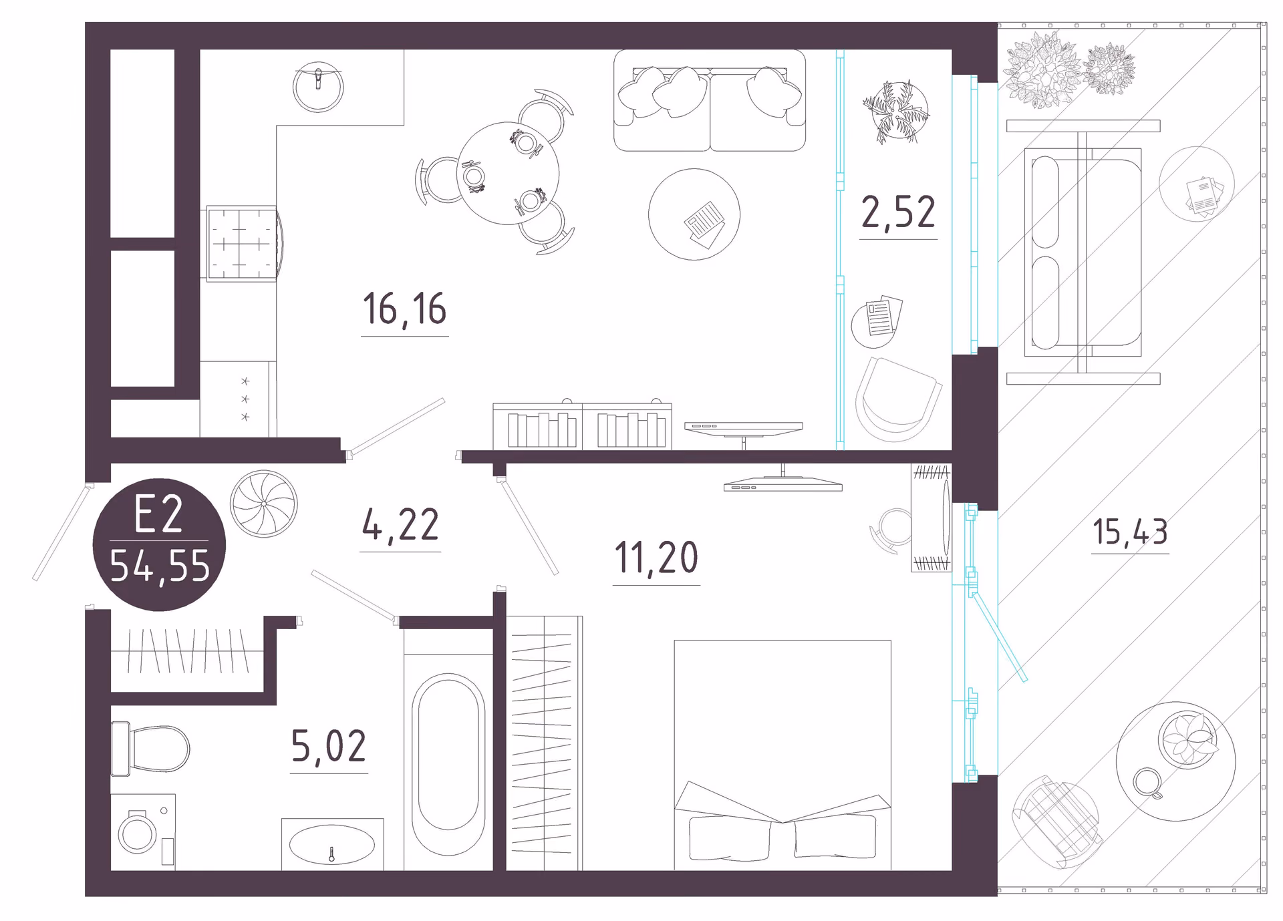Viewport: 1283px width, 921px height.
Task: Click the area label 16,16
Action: tap(404, 309)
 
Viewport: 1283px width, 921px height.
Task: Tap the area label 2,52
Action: tap(898, 212)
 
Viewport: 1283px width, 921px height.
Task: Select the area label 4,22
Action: tap(400, 524)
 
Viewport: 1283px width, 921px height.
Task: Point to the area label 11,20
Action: tap(656, 558)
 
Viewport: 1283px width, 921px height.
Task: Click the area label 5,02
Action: tap(329, 746)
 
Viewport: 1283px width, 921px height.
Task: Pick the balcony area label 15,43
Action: tap(1130, 532)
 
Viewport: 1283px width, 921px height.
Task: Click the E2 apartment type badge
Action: tap(159, 544)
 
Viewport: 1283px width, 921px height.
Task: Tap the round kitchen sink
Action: tap(318, 87)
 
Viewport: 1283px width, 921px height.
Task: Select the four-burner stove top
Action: tap(242, 243)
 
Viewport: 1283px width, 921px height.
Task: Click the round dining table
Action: tap(508, 173)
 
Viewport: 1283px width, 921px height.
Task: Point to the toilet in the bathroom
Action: tap(150, 749)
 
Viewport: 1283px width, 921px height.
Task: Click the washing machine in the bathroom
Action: tap(143, 832)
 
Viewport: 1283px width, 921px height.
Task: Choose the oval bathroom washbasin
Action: tap(332, 844)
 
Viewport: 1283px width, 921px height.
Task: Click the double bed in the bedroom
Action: tap(782, 755)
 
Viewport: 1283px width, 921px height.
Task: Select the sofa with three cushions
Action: tap(710, 100)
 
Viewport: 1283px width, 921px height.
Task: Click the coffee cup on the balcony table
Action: tap(1148, 783)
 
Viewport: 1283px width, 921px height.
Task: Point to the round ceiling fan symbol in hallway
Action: tap(264, 504)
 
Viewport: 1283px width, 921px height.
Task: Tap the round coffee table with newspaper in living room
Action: tap(694, 214)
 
